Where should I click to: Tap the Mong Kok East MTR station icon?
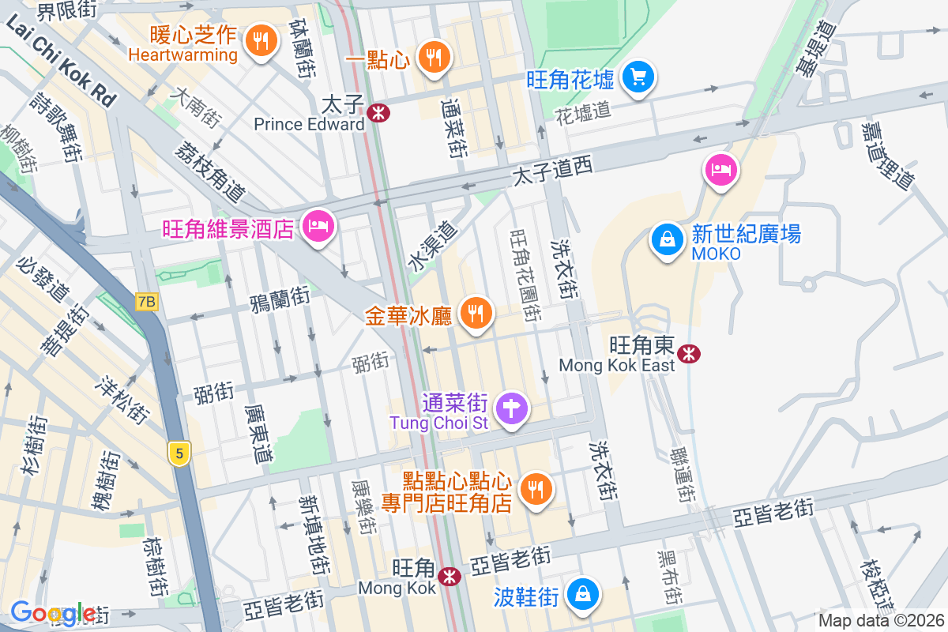pos(690,353)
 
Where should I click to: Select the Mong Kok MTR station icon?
pos(450,577)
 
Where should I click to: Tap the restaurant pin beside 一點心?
pos(432,58)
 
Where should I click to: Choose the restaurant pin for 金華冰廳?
pos(475,314)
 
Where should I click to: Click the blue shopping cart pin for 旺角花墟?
pos(636,77)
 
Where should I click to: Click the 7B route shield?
pos(147,302)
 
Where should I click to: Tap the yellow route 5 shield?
pos(180,453)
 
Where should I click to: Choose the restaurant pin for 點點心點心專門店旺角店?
pos(536,490)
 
